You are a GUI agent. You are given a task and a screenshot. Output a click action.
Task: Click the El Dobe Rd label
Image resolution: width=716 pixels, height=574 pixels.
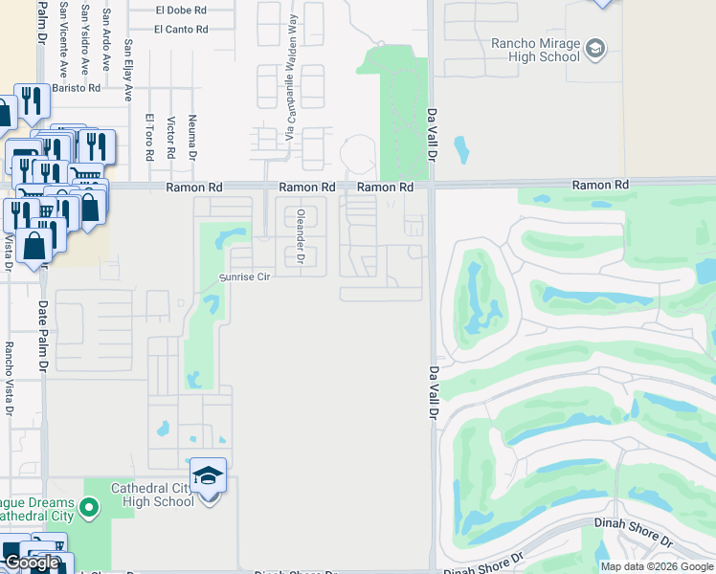[181, 10]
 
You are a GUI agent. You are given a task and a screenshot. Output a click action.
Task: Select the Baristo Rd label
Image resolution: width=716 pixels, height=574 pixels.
[76, 88]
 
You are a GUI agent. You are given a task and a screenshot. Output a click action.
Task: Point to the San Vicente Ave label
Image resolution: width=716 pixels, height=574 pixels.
[62, 38]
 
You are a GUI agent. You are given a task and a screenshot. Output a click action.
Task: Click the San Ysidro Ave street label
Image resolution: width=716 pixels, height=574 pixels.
[84, 38]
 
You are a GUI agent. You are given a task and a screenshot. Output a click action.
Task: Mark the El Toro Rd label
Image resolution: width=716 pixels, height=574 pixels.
[149, 136]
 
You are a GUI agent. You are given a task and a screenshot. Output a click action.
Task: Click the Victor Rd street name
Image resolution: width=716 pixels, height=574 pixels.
[170, 138]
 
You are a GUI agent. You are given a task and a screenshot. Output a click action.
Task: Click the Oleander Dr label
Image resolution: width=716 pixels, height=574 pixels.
[301, 235]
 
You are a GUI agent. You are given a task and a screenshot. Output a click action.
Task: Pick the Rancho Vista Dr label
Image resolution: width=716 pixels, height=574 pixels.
[9, 379]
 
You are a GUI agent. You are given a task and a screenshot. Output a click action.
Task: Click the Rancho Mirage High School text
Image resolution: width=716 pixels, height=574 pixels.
[536, 49]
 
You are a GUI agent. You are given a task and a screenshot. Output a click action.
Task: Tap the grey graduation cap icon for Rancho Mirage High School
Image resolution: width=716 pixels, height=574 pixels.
[595, 48]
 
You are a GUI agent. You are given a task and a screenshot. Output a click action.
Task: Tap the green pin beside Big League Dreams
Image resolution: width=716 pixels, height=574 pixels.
[89, 507]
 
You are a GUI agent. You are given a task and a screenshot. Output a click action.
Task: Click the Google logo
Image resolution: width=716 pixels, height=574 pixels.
[32, 563]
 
